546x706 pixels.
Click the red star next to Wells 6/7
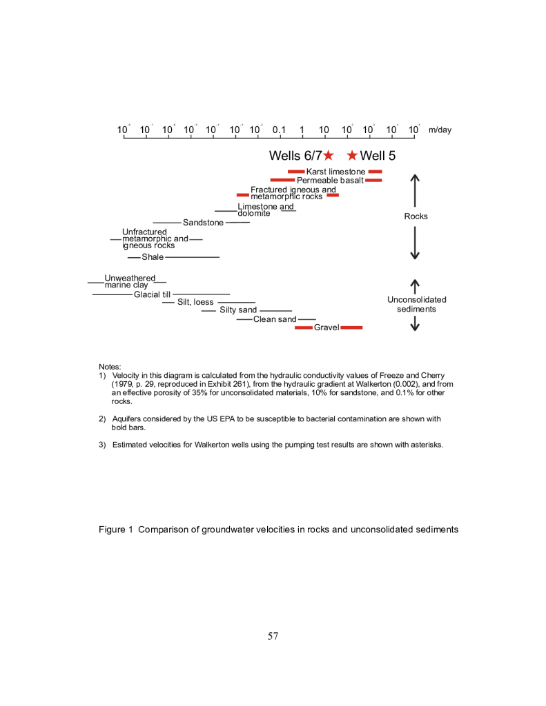click(329, 156)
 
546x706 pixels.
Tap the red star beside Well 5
click(352, 156)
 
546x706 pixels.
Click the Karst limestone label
click(335, 172)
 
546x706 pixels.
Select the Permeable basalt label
click(329, 181)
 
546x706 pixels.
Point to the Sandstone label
click(203, 223)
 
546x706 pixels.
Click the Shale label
click(153, 257)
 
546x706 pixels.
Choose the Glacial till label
click(152, 294)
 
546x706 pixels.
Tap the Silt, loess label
click(195, 302)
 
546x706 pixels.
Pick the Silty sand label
click(238, 310)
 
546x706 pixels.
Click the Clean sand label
click(275, 319)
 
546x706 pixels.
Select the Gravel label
click(326, 327)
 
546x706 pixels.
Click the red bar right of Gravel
click(351, 327)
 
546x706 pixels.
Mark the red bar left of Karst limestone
click(295, 172)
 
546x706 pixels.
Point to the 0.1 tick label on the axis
click(280, 130)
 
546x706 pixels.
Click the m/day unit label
click(440, 130)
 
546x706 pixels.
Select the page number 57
click(273, 636)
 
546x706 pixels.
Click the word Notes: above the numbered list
click(110, 366)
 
